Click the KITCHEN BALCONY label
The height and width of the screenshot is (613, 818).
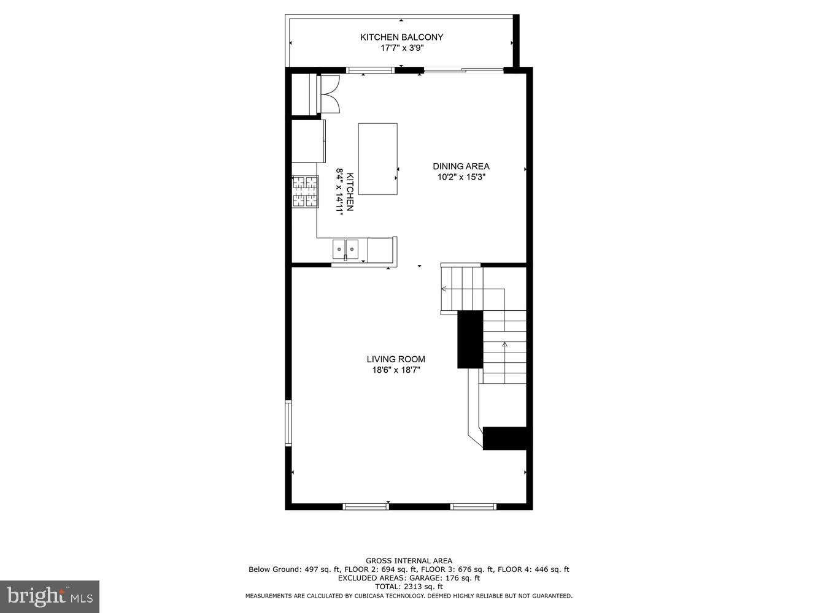401,37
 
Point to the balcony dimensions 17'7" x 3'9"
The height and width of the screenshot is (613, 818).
402,48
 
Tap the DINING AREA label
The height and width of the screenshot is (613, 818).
461,166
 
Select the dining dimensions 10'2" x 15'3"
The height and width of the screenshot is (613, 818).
461,177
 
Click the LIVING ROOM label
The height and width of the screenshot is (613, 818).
396,359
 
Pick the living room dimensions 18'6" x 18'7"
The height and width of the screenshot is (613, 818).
396,370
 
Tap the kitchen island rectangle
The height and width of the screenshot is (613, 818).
377,159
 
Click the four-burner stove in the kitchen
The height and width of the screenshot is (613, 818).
305,191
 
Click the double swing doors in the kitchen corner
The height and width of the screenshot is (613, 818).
329,94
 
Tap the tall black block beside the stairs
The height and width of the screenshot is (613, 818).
470,340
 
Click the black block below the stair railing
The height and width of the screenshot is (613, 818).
505,438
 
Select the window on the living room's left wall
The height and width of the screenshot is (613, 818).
288,422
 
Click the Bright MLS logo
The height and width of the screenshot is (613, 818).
50,596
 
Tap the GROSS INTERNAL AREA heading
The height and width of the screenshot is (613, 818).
409,560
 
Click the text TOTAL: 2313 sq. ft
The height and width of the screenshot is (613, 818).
409,587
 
